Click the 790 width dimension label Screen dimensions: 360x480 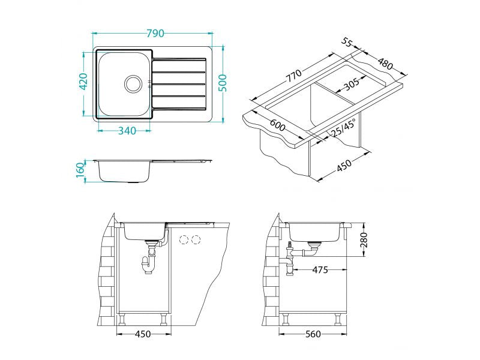coord(153,33)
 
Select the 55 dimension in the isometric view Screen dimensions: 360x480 coord(346,43)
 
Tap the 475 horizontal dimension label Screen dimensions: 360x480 coord(320,270)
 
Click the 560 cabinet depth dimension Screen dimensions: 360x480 coord(313,334)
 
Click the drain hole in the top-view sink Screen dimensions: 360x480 coord(133,83)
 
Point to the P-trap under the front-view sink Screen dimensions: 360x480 coord(148,263)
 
